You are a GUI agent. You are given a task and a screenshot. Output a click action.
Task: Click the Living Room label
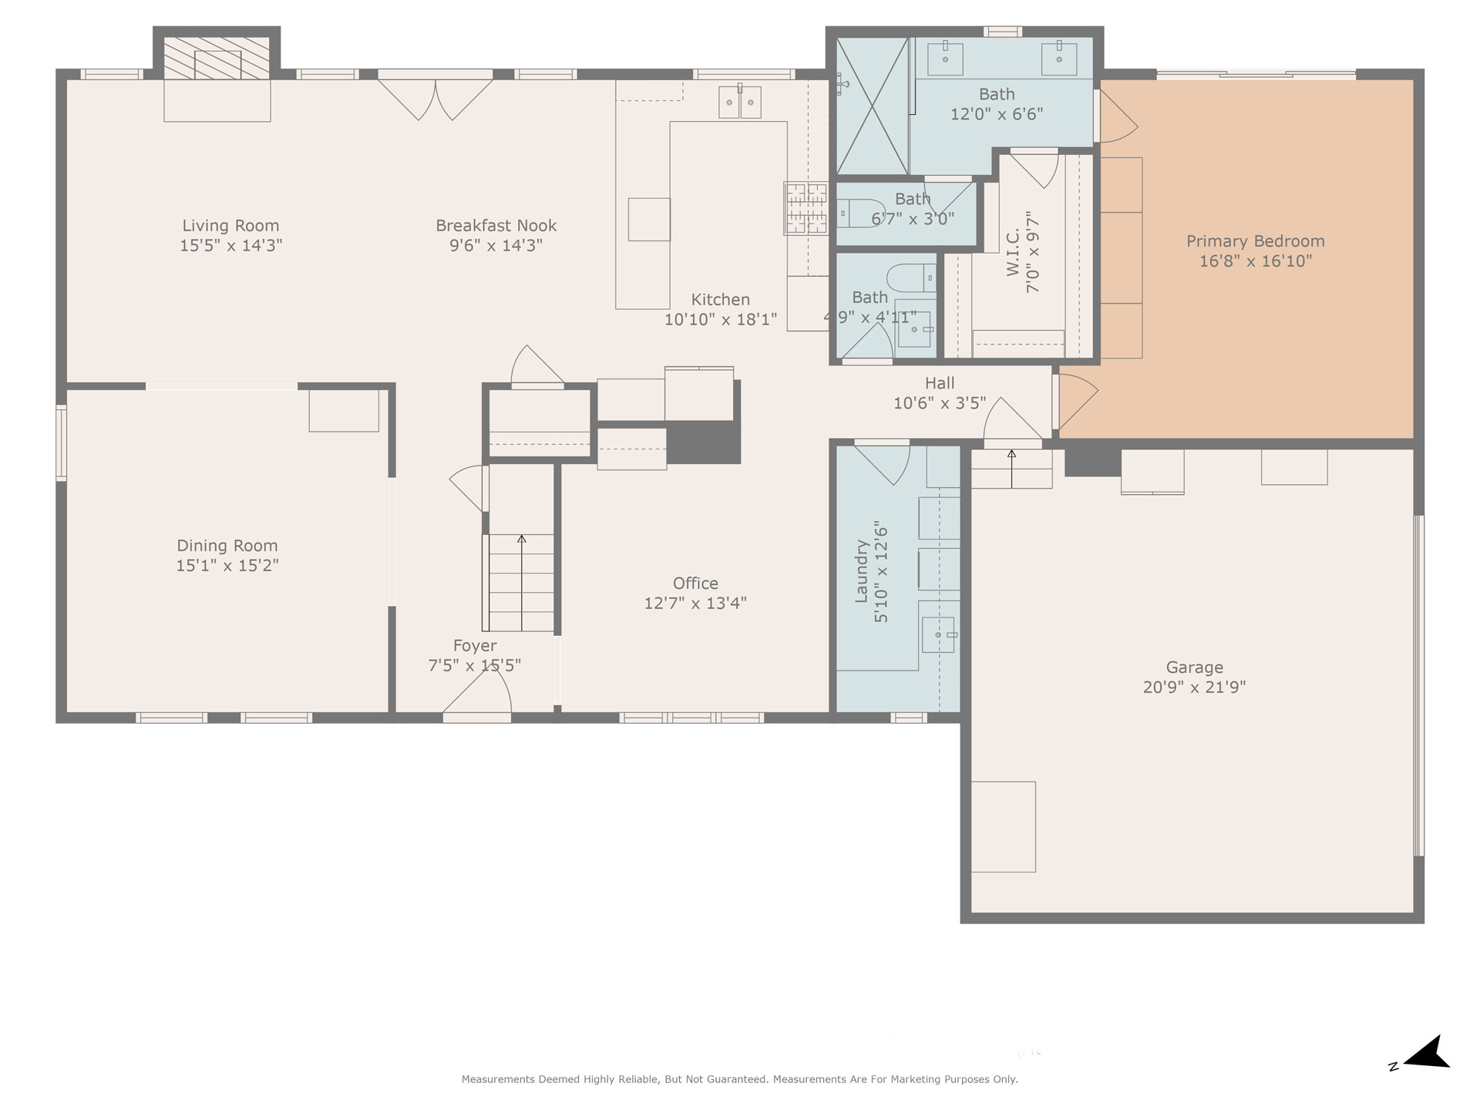click(230, 226)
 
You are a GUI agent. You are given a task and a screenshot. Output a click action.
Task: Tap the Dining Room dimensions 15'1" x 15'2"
click(227, 565)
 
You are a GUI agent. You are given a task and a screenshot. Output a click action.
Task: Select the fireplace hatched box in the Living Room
click(217, 58)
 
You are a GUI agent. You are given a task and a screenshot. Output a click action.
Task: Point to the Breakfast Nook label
click(496, 226)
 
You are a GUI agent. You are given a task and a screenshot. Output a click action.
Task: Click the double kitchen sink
click(740, 103)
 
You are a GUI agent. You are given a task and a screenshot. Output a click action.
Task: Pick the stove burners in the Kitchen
click(806, 208)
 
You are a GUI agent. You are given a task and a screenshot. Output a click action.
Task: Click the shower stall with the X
click(873, 106)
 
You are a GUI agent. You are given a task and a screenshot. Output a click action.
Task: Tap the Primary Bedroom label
click(1255, 241)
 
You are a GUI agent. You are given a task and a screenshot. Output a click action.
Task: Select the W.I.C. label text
click(1013, 251)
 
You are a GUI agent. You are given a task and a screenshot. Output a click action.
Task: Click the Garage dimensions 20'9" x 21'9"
click(1194, 687)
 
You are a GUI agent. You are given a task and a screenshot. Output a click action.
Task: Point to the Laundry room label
click(862, 571)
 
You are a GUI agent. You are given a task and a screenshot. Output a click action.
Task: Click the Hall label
click(940, 383)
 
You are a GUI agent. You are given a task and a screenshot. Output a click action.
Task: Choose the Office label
click(695, 584)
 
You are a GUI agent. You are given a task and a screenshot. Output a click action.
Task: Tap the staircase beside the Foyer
click(522, 583)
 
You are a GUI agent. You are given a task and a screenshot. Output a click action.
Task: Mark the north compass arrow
click(1427, 1053)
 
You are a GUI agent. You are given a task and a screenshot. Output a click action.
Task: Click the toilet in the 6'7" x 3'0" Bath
click(860, 213)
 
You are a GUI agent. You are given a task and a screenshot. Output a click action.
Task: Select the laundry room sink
click(939, 634)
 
